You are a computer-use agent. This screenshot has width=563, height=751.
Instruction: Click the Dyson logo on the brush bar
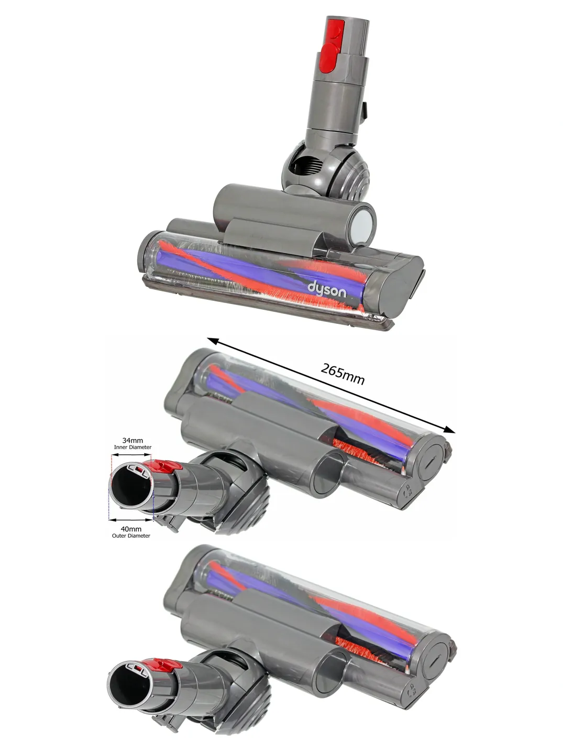click(327, 290)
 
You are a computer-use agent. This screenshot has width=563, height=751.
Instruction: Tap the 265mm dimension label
click(343, 374)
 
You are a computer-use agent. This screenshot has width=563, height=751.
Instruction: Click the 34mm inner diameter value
click(133, 440)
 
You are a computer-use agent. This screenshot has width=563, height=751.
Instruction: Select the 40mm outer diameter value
click(131, 529)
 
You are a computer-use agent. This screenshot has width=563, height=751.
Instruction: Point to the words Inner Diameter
click(133, 447)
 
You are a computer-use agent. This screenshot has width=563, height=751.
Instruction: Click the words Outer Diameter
click(131, 536)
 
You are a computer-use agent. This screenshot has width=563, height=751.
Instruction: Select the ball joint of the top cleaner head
click(325, 168)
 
